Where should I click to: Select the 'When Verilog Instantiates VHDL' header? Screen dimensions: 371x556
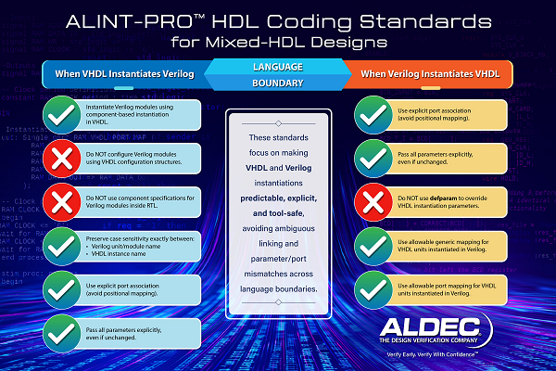(435, 73)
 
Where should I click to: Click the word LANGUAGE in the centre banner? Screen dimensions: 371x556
(278, 66)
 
